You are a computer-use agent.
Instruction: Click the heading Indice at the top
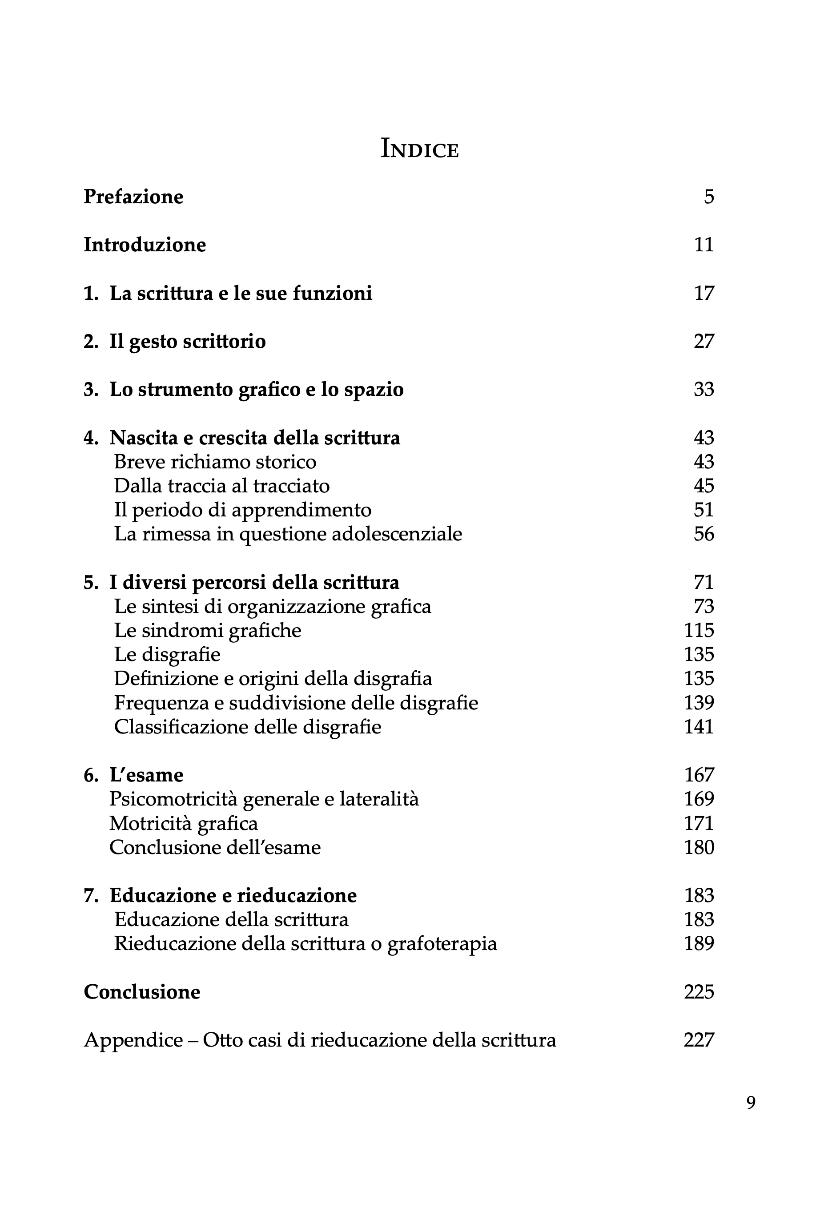[x=419, y=149]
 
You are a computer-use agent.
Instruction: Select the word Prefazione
[x=133, y=197]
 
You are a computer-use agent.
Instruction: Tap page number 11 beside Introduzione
[x=704, y=245]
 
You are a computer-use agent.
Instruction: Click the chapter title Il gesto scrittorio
[x=187, y=342]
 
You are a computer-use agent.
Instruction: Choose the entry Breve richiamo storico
[x=215, y=462]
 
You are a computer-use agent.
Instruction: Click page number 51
[x=704, y=510]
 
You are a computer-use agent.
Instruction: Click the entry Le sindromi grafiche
[x=208, y=630]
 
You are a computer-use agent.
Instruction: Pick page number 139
[x=699, y=703]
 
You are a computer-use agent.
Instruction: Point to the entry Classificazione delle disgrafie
[x=247, y=727]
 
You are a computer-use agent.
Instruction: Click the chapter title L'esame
[x=146, y=775]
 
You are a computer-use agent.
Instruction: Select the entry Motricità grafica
[x=184, y=823]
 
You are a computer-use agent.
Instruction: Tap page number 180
[x=699, y=848]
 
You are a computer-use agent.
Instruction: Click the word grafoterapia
[x=442, y=944]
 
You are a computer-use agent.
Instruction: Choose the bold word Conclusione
[x=142, y=992]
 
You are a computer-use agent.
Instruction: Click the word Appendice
[x=133, y=1040]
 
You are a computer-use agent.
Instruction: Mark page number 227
[x=699, y=1040]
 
